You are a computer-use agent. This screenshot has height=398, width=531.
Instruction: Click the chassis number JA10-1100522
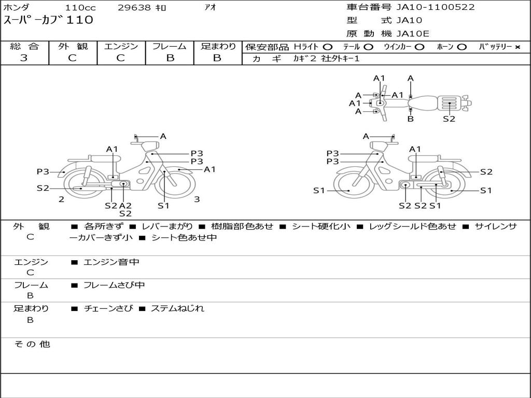click(x=436, y=7)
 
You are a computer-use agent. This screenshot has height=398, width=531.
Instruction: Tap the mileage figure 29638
click(x=134, y=7)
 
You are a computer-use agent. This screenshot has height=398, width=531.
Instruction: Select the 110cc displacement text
click(x=80, y=7)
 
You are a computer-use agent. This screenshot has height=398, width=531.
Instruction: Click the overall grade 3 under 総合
click(x=24, y=58)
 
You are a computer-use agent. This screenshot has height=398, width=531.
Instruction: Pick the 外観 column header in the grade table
click(x=73, y=46)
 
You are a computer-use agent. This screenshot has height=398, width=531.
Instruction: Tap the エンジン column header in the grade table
click(x=121, y=46)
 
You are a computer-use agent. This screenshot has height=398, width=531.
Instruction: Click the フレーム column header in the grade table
click(x=170, y=46)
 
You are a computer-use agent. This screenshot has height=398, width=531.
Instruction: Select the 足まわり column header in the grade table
click(x=218, y=46)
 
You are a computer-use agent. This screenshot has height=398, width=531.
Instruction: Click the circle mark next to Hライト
click(x=328, y=47)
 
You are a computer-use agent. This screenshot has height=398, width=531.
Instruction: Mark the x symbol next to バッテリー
click(x=518, y=47)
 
